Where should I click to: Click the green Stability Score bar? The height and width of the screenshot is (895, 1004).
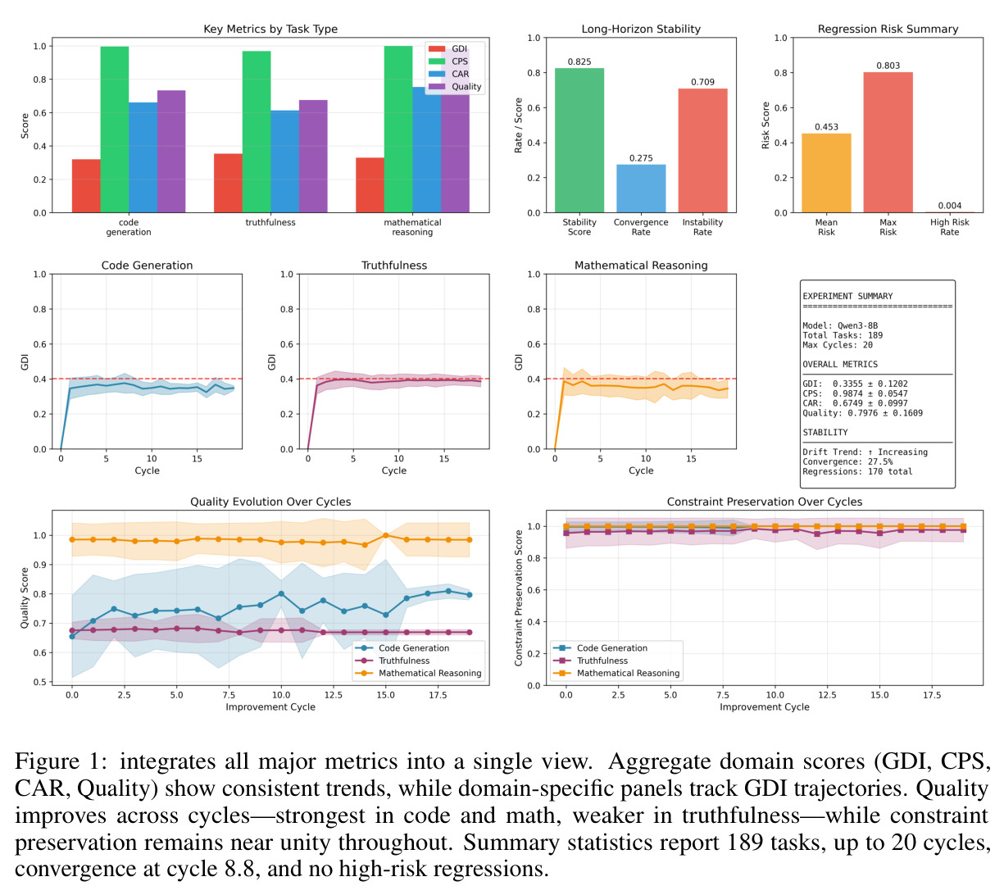point(579,140)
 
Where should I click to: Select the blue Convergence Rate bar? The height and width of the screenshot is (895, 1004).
point(640,189)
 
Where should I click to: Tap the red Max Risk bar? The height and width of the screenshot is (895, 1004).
point(888,143)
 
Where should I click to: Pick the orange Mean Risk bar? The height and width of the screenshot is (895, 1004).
point(826,173)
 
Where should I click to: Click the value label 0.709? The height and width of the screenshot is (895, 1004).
point(702,82)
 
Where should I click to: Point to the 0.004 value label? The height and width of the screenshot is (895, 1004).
point(949,205)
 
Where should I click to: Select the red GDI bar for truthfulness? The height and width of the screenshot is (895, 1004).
point(228,183)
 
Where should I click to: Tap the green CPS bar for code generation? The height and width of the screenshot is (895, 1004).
point(115,129)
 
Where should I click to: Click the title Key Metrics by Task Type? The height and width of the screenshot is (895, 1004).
point(270,29)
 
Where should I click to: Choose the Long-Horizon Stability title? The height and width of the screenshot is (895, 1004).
point(641,29)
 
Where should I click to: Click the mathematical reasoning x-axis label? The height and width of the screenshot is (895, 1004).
point(411,227)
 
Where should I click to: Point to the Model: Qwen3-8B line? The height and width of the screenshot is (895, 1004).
point(840,325)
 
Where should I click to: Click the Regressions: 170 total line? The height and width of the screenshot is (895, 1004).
point(856,471)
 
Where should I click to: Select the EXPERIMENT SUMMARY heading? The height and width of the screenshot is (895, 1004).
point(847,296)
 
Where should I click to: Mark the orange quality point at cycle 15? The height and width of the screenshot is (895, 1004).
point(385,535)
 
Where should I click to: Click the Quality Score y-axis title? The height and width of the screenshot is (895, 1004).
point(24,597)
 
